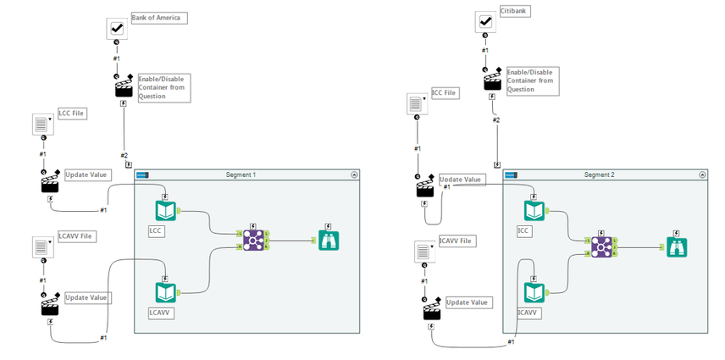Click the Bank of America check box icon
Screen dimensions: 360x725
coord(118,29)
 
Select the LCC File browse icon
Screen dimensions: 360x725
coord(43,125)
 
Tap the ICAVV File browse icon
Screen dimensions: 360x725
coord(424,252)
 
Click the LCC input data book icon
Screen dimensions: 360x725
coord(164,211)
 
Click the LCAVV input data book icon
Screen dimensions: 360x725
coord(164,292)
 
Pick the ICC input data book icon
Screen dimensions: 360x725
coord(534,211)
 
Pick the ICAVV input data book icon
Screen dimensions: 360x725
coord(534,293)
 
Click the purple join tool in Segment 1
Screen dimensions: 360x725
coord(252,241)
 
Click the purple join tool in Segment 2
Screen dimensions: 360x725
coord(602,246)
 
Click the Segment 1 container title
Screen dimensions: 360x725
coord(241,174)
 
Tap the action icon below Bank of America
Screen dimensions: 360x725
coord(124,86)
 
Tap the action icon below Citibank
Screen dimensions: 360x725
coord(492,80)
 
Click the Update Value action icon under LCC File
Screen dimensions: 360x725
coord(50,182)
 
